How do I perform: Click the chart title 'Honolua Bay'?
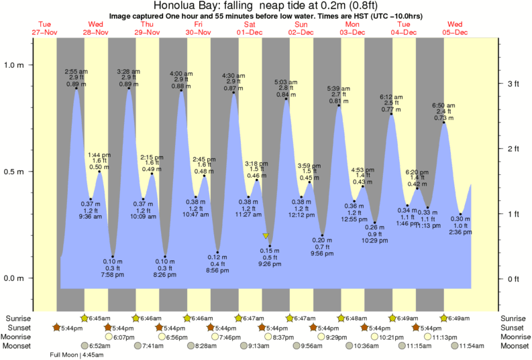184,6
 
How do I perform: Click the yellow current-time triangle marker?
266,236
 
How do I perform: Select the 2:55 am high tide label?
76,71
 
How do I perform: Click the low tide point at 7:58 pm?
113,257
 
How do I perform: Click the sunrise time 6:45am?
99,318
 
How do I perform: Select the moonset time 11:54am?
477,346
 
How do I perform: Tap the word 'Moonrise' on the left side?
17,337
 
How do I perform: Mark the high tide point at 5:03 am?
286,99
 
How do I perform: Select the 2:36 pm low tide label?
460,232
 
